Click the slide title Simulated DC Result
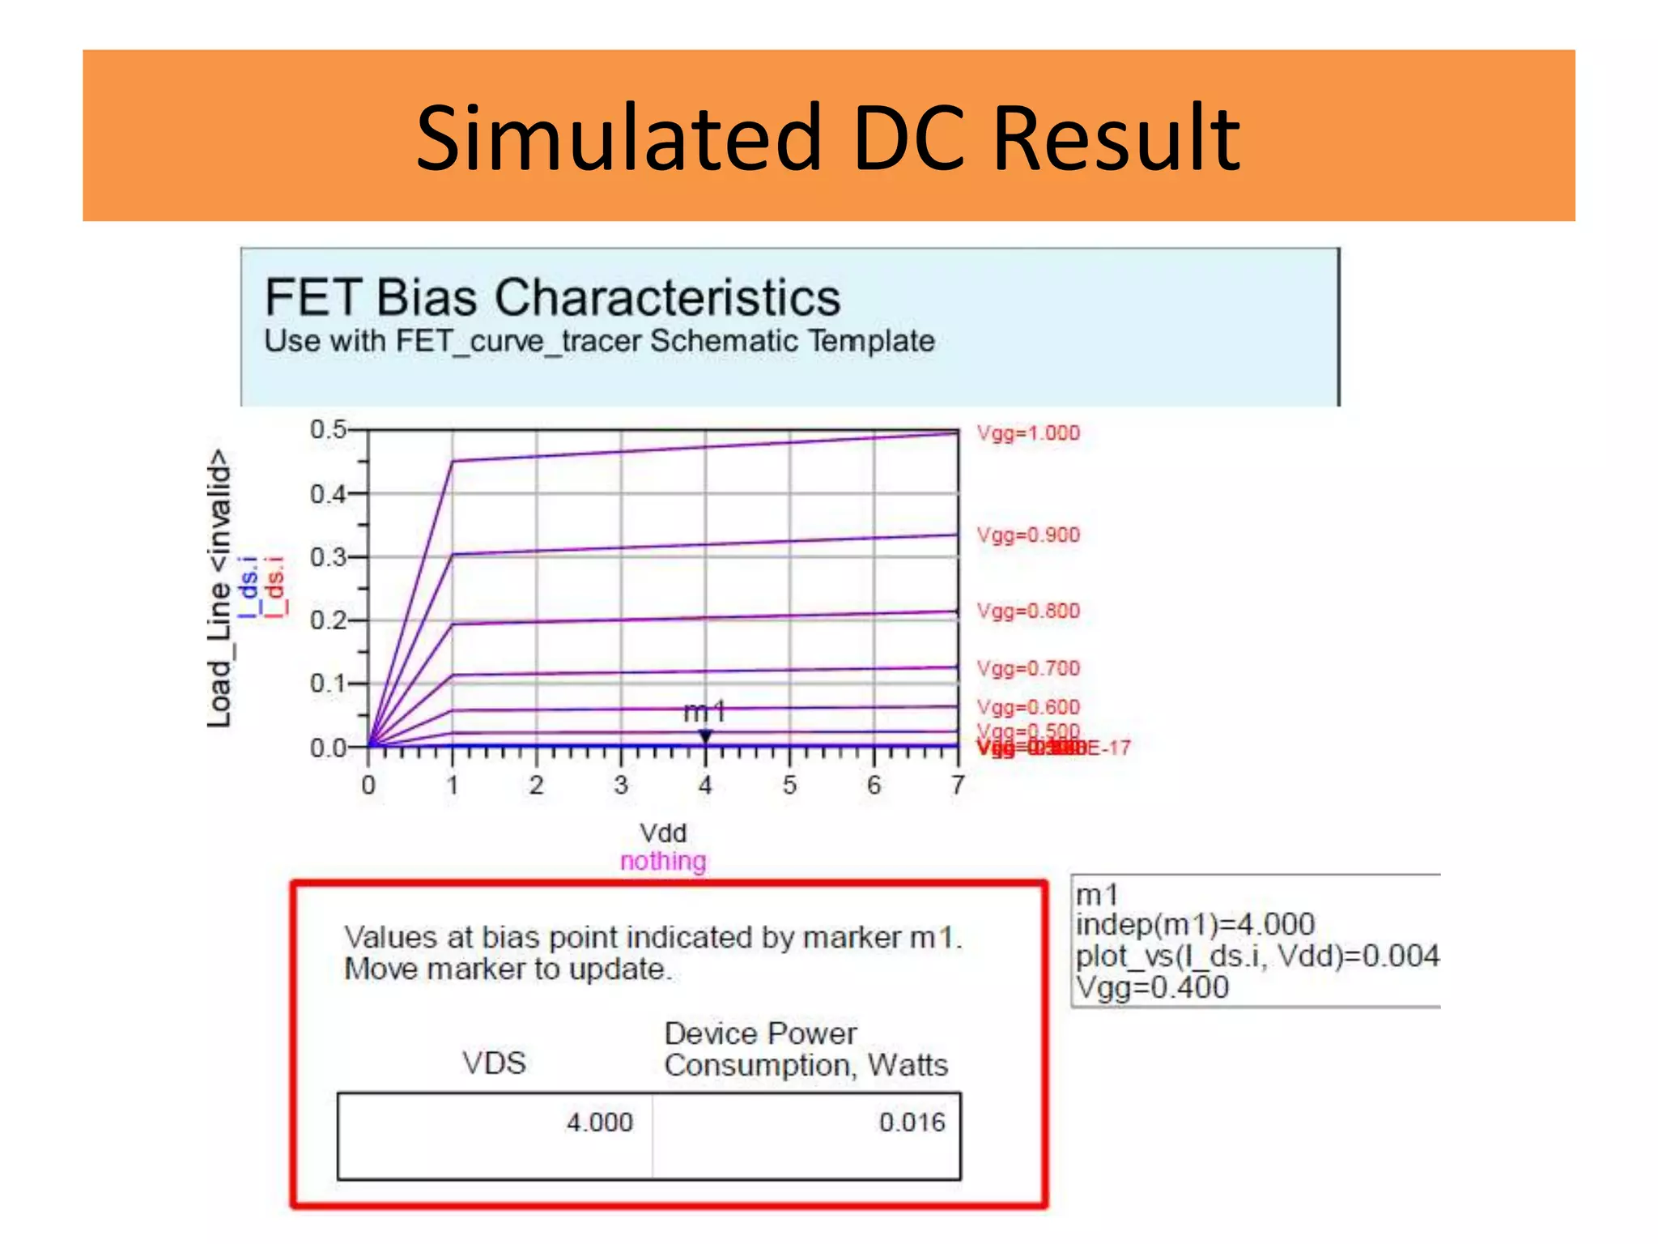click(827, 138)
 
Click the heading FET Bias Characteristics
click(552, 297)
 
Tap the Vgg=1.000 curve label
click(1027, 433)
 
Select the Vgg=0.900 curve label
click(1027, 535)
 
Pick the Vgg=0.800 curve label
click(1027, 611)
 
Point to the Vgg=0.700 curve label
click(1027, 669)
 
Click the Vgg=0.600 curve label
click(1027, 707)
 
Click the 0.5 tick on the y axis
click(327, 429)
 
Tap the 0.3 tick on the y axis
click(327, 557)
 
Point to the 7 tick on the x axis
click(958, 785)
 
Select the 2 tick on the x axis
click(536, 785)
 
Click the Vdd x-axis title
click(663, 833)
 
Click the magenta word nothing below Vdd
click(663, 861)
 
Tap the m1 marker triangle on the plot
click(705, 736)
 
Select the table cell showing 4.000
click(599, 1123)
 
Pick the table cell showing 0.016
click(912, 1123)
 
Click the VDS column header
click(494, 1063)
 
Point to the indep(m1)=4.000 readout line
click(1195, 924)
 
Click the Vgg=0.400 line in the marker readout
click(1152, 988)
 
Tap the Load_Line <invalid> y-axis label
click(219, 588)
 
